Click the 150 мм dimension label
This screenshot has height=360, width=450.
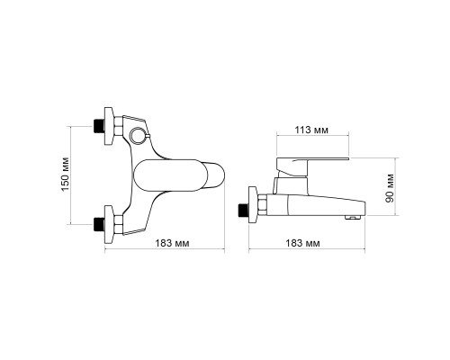(x=65, y=175)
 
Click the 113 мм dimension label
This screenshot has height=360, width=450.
(x=311, y=130)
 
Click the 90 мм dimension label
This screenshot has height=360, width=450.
(x=390, y=188)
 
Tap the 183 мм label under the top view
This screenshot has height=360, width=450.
(x=172, y=243)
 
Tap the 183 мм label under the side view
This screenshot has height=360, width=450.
(x=302, y=243)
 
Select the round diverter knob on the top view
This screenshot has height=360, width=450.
(x=138, y=135)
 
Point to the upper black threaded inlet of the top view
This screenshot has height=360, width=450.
(x=99, y=126)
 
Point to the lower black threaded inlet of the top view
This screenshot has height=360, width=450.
(x=99, y=224)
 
